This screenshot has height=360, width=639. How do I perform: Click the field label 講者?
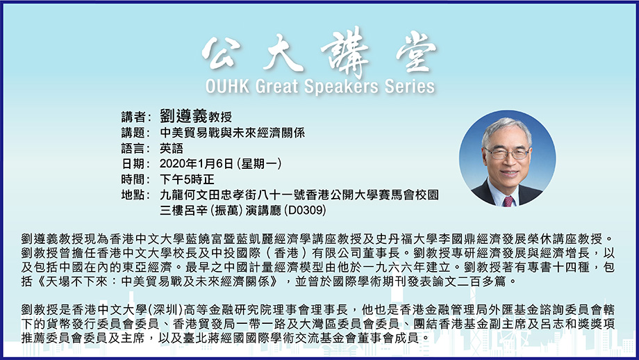tap(133, 117)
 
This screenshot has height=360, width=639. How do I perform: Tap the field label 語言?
tap(133, 149)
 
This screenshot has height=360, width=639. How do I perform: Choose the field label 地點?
tap(133, 195)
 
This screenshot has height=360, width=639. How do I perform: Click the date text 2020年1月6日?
tap(197, 164)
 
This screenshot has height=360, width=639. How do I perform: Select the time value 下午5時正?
tap(187, 179)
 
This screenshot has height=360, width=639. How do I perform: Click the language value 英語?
tap(172, 149)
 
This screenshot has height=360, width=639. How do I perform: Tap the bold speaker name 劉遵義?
tap(183, 116)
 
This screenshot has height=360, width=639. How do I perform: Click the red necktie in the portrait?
tap(508, 202)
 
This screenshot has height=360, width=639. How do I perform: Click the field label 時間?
tap(133, 179)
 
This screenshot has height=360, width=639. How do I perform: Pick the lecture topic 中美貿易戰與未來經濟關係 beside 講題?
tap(232, 133)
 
